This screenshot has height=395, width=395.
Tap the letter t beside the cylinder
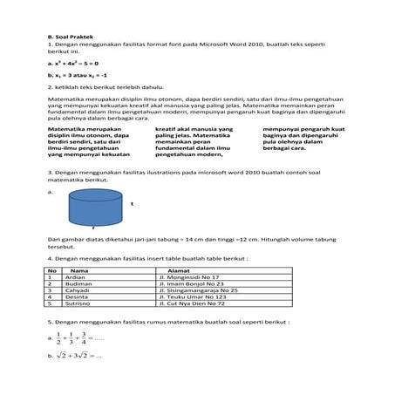coord(132,203)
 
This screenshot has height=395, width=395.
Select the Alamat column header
coord(179,270)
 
